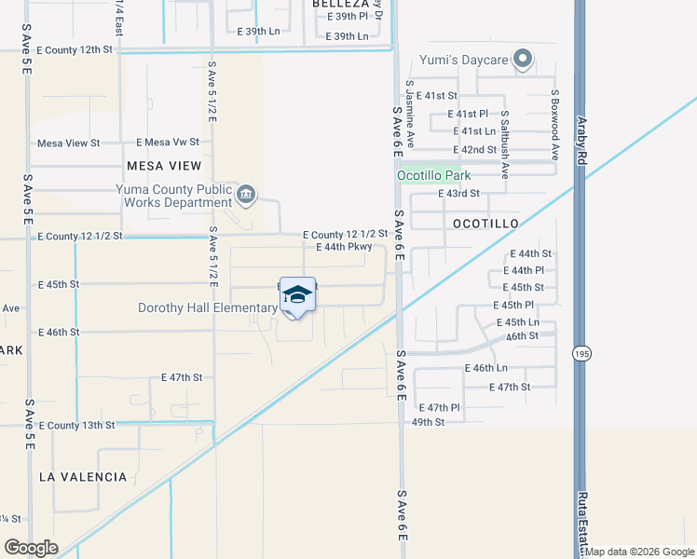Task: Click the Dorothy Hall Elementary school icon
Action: coord(297,296)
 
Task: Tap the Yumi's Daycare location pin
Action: coord(524,61)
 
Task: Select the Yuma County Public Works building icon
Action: coord(245,194)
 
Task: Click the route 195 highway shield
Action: coord(577,354)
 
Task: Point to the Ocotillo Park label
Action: coord(434,175)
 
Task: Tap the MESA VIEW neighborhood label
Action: coord(164,166)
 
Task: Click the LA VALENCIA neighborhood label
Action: coord(83,477)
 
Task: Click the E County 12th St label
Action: coord(75,49)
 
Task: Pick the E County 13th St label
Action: coord(76,425)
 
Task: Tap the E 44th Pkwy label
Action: coord(344,247)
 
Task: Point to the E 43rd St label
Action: coord(458,194)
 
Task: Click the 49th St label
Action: coord(428,421)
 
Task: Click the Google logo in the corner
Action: coord(31,548)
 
